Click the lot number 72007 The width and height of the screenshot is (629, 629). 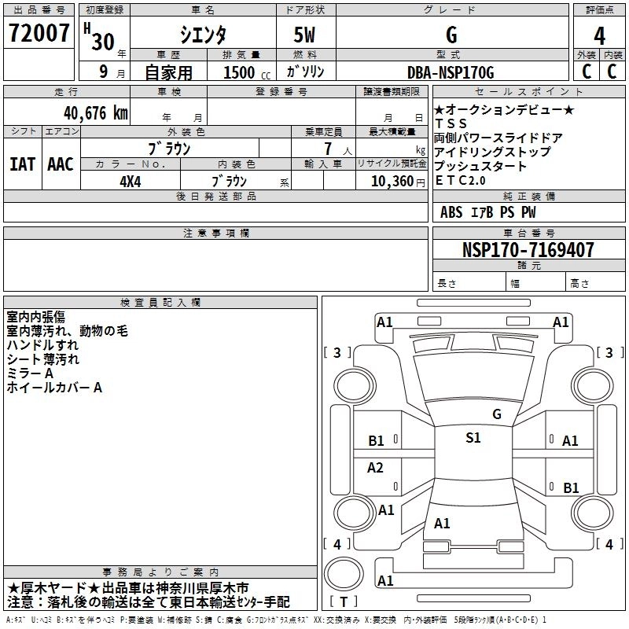click(x=39, y=33)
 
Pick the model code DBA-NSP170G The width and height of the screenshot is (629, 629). click(x=451, y=72)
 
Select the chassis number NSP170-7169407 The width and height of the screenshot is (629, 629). click(x=528, y=250)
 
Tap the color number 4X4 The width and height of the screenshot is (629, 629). click(x=131, y=181)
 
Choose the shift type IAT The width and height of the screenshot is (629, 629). click(x=22, y=164)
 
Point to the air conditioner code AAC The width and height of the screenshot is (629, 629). click(x=60, y=164)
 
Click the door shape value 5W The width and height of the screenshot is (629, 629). click(x=307, y=35)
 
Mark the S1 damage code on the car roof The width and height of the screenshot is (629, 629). click(x=473, y=438)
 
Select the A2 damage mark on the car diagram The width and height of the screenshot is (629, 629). click(x=376, y=468)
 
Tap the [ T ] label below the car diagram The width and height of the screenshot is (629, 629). click(x=344, y=602)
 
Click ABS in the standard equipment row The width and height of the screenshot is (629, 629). click(x=451, y=212)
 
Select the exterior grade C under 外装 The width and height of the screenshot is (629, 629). click(x=586, y=71)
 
